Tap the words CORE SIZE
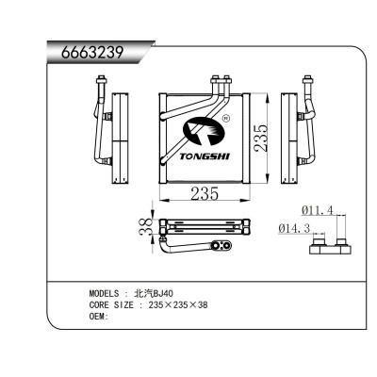111,304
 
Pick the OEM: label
98,316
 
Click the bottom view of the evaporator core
205,227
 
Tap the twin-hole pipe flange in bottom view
222,247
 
